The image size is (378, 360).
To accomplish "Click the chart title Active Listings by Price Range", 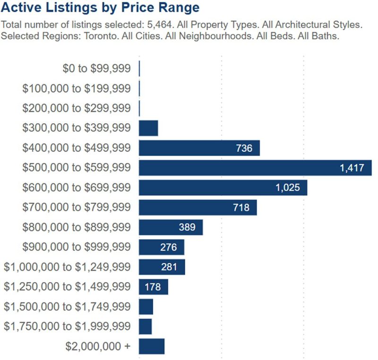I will pos(100,8).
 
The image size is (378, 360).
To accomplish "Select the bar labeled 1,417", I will pos(255,168).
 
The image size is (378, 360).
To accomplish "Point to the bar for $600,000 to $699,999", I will pos(223,188).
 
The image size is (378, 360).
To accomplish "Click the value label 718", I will pos(241,207).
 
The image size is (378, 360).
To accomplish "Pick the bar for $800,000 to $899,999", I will pos(171,227).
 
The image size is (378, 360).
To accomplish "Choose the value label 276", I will pos(169,247).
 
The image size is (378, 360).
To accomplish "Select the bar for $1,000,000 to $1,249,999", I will pos(162,267).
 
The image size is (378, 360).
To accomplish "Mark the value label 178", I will pos(153,287).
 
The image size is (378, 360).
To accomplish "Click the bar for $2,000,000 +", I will pos(152,346).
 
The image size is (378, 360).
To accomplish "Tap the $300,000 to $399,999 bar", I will pos(148,128).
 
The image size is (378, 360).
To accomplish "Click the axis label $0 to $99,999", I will pos(96,69).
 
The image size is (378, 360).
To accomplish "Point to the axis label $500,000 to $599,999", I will pos(77,168).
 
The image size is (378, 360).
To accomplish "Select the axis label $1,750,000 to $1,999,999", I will pos(67,326).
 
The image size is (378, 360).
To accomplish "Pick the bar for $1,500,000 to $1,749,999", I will pos(146,307).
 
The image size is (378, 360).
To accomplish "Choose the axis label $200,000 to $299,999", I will pos(77,108).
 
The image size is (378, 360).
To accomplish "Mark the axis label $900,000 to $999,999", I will pos(77,247).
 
